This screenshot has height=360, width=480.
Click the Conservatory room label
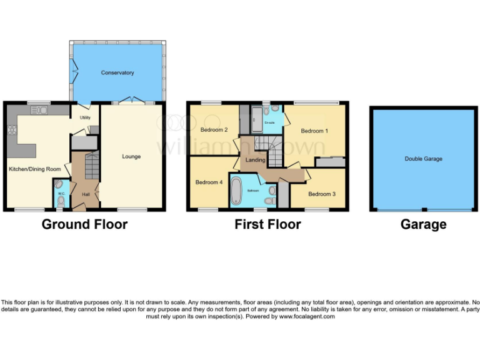pyautogui.click(x=117, y=73)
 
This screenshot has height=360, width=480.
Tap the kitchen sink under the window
pyautogui.click(x=39, y=111)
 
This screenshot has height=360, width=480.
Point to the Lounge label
pyautogui.click(x=131, y=156)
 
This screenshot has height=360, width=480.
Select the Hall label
pyautogui.click(x=86, y=194)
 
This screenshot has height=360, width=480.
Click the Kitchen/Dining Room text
pyautogui.click(x=34, y=169)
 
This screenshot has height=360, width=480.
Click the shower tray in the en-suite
pyautogui.click(x=257, y=119)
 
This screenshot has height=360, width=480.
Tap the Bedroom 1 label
pyautogui.click(x=314, y=131)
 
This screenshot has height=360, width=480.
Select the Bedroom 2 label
pyautogui.click(x=214, y=130)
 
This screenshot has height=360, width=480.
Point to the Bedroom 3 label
pyautogui.click(x=322, y=194)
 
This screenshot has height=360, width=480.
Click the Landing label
pyautogui.click(x=256, y=160)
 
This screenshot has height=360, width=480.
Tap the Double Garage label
pyautogui.click(x=423, y=159)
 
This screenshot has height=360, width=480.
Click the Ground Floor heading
pyautogui.click(x=84, y=224)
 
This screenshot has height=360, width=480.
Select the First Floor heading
pyautogui.click(x=267, y=224)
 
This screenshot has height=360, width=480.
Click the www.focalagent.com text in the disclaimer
pyautogui.click(x=306, y=317)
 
